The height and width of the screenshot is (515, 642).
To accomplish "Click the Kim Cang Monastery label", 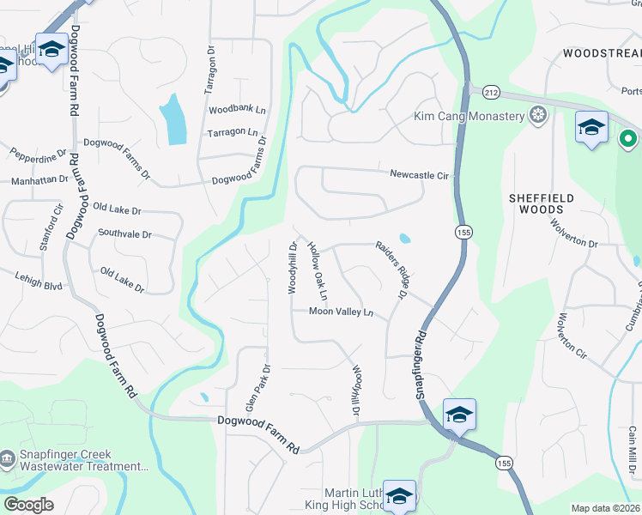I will [469, 116].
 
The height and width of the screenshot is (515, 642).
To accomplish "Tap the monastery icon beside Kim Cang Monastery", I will [538, 116].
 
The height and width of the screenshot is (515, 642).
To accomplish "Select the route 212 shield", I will [491, 92].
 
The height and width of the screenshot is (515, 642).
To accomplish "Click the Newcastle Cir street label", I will [420, 174].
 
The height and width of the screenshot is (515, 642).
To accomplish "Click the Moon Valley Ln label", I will [342, 312].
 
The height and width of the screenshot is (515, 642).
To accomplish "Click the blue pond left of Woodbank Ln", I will [173, 118].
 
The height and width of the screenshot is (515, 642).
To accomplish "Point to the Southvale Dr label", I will [124, 233].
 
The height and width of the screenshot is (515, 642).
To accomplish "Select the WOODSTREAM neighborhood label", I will [602, 53].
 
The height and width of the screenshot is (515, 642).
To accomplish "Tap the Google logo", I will [29, 505].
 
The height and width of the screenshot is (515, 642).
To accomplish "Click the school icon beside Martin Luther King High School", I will [399, 495].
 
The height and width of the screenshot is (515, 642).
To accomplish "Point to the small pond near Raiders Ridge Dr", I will [404, 238].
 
